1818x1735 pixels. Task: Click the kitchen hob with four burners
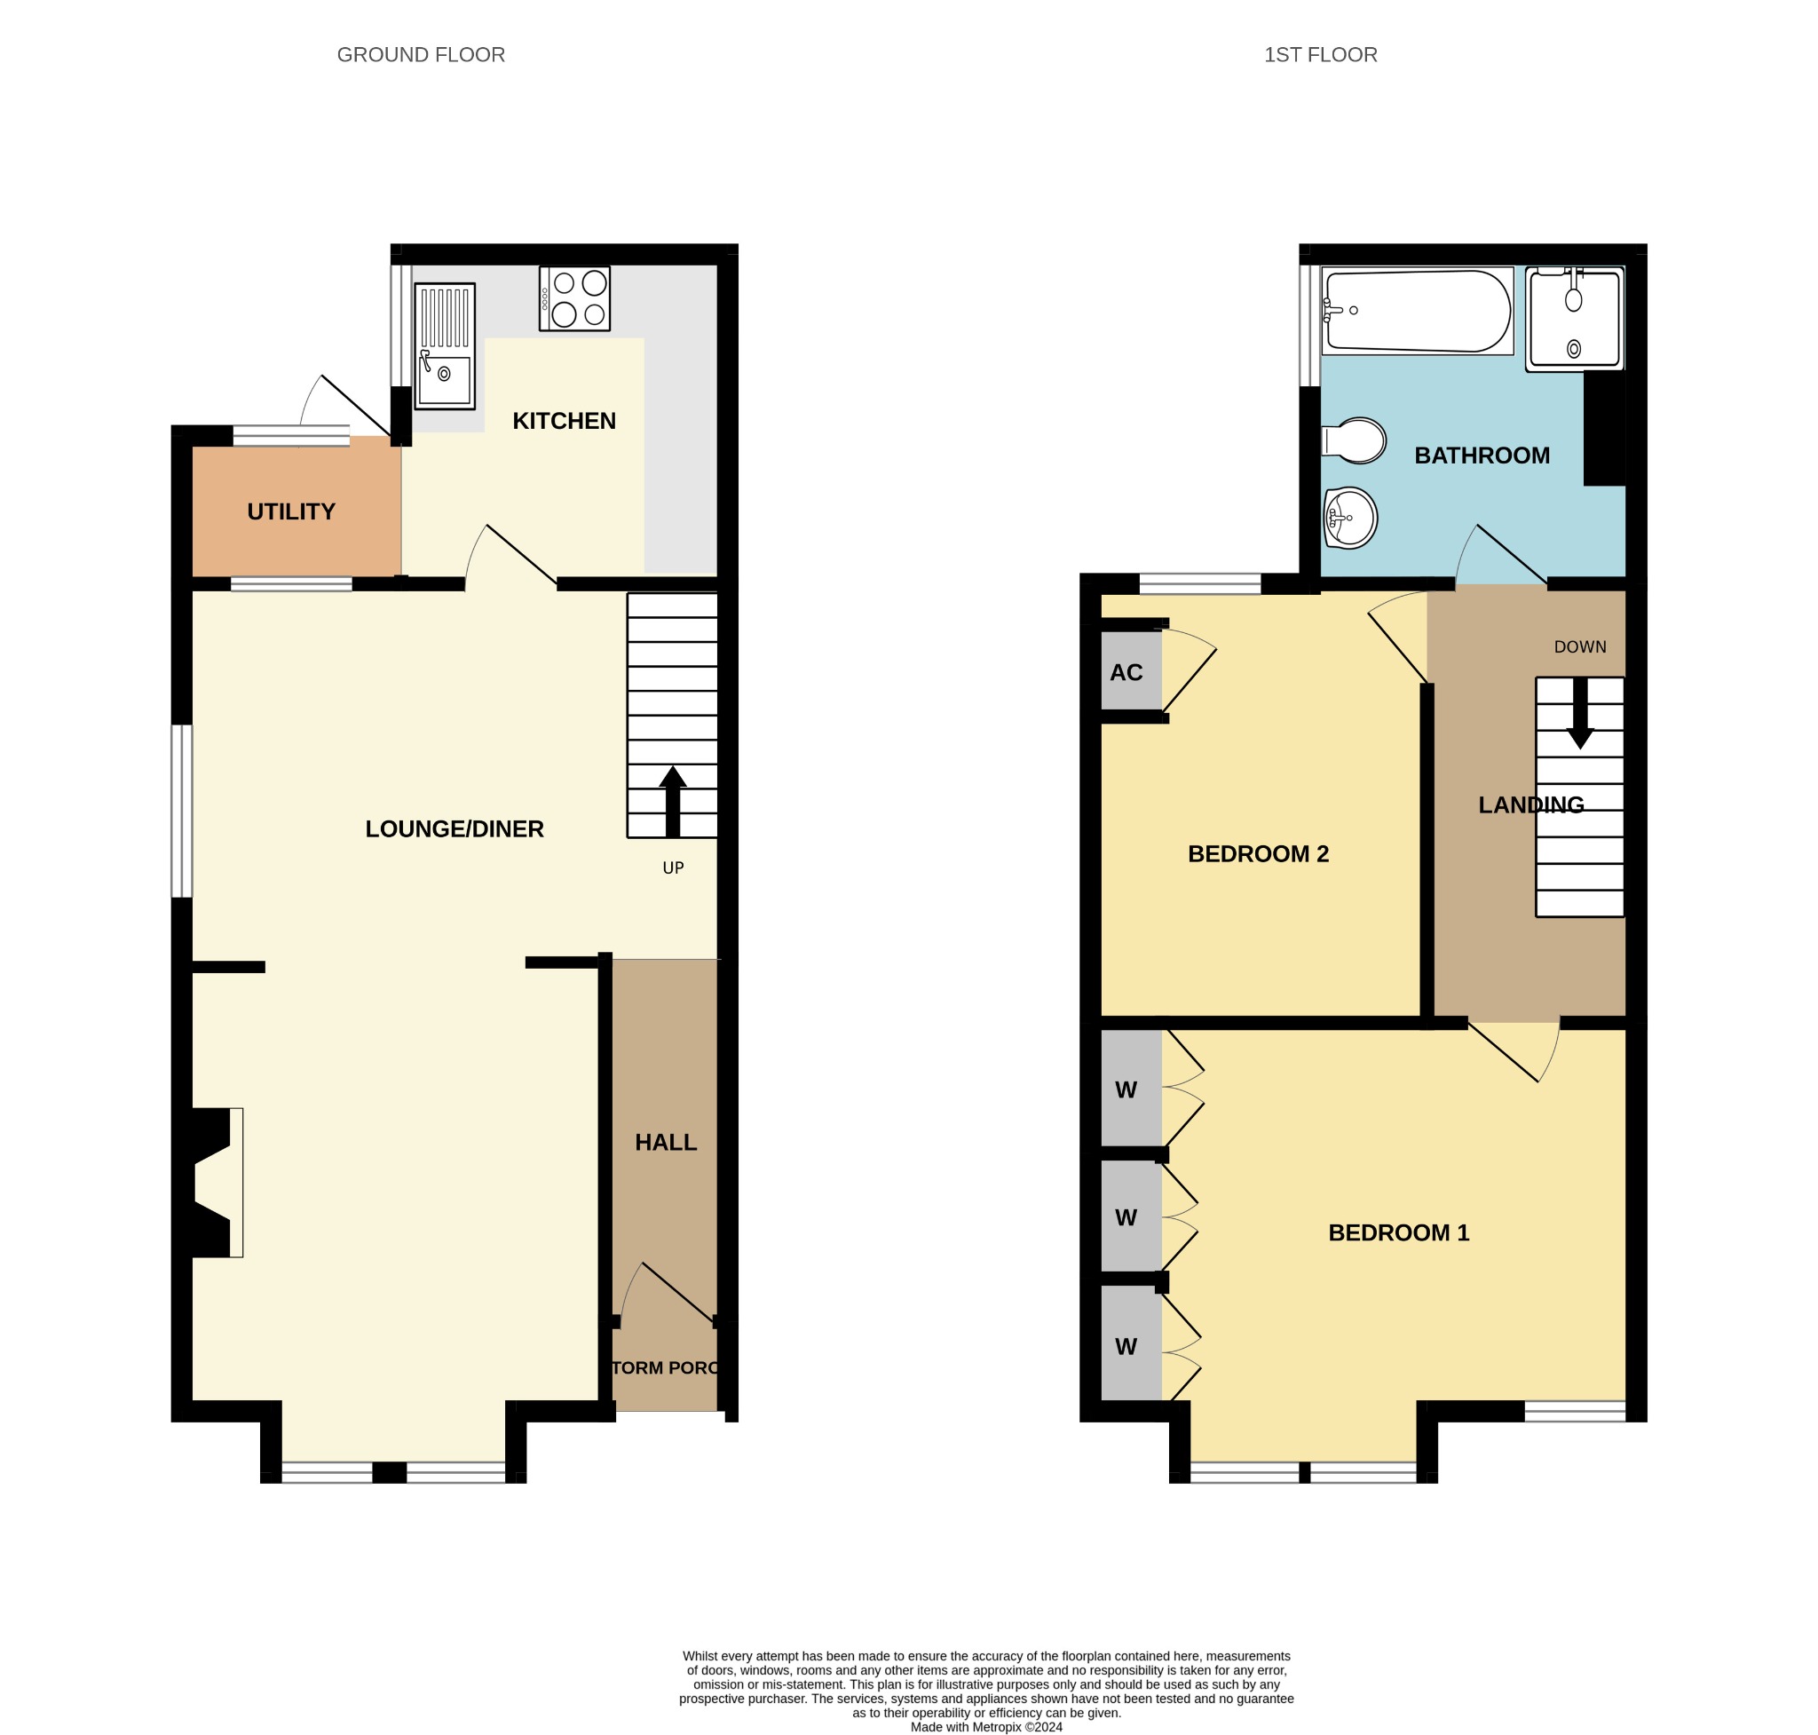(x=574, y=297)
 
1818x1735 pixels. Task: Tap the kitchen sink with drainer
(x=445, y=346)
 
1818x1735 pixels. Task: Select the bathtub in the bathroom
(x=1417, y=311)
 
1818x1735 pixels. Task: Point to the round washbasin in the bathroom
(x=1351, y=517)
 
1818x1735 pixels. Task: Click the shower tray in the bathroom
(x=1574, y=319)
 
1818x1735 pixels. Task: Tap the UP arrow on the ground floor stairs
(x=672, y=802)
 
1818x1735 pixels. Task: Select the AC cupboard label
(x=1126, y=672)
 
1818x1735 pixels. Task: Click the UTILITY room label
(x=291, y=511)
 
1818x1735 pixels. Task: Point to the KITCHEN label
(x=564, y=421)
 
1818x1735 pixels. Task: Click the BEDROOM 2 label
(x=1258, y=853)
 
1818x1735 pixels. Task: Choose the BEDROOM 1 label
(x=1398, y=1232)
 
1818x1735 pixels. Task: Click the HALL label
(x=666, y=1142)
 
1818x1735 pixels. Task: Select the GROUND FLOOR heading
(x=421, y=54)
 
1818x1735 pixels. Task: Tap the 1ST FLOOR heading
(x=1321, y=54)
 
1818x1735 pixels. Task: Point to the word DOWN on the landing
(x=1580, y=646)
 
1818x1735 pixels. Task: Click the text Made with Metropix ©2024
(x=987, y=1727)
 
